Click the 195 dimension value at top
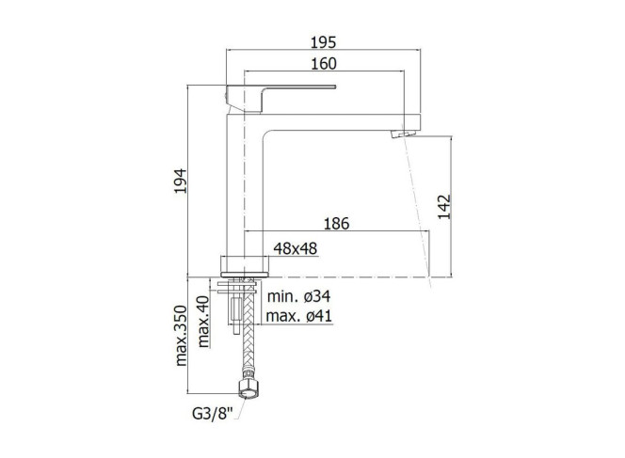[x=323, y=42]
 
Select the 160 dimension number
[x=323, y=64]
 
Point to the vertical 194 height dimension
[x=180, y=182]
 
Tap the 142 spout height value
[x=444, y=207]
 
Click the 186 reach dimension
[x=336, y=224]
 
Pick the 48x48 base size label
[x=296, y=248]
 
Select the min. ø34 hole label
[x=298, y=296]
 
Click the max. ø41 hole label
[x=298, y=316]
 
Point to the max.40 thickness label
[x=203, y=322]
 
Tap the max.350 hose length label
[x=181, y=336]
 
